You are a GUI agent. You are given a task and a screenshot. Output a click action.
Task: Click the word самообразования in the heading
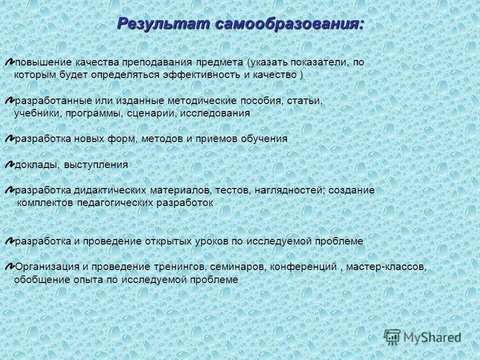289,23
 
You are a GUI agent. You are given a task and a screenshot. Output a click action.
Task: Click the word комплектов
46,203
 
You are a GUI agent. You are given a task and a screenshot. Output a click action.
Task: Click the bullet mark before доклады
10,164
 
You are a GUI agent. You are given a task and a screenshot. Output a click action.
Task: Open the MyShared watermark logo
423,337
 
